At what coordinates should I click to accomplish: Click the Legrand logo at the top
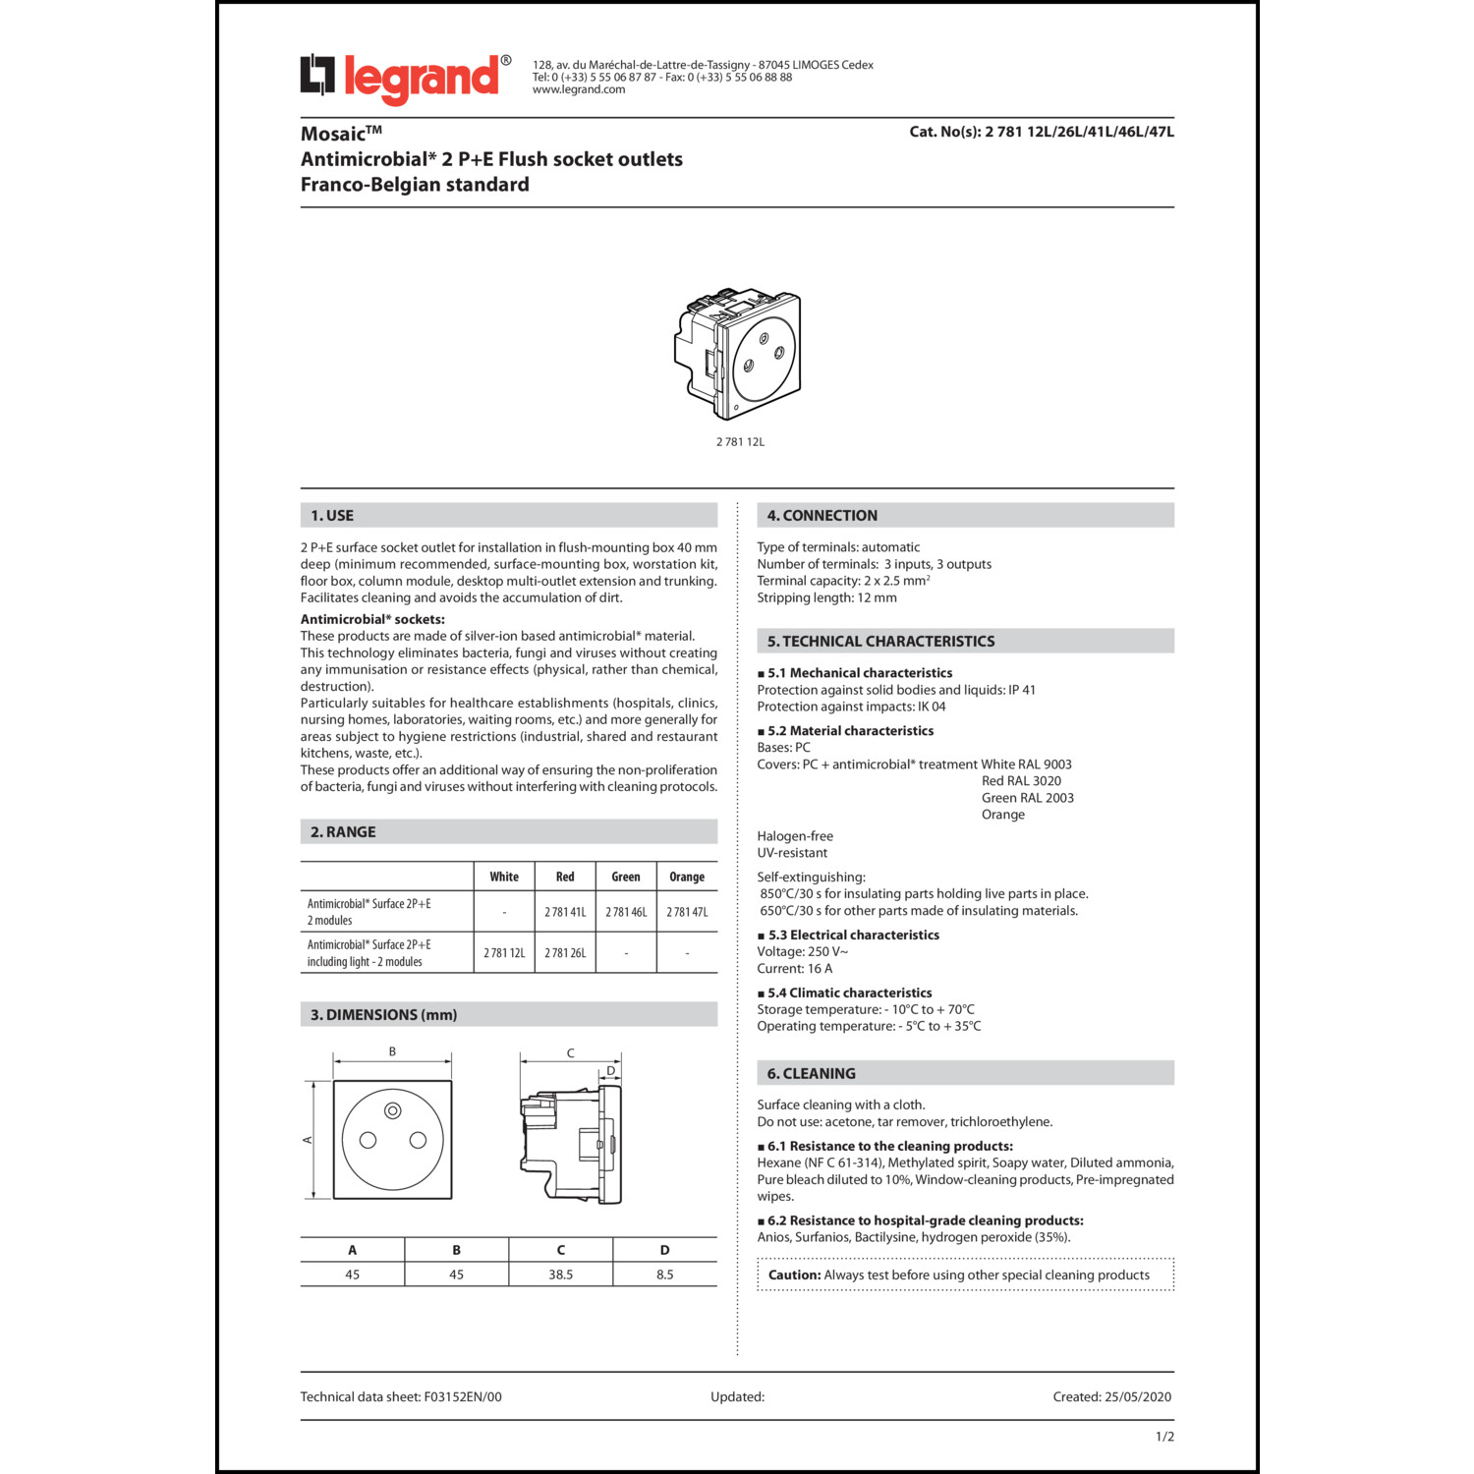point(405,78)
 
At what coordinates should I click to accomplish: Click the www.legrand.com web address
point(579,90)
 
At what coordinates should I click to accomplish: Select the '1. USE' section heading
point(332,516)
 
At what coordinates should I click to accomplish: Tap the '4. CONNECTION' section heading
point(822,516)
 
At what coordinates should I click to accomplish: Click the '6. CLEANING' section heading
point(811,1074)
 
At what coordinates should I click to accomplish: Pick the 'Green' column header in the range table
point(625,877)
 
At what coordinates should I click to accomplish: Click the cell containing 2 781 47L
point(687,912)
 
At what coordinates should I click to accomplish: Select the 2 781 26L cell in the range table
point(565,953)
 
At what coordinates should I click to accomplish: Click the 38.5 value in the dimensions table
point(560,1275)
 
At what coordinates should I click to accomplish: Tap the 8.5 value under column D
point(665,1275)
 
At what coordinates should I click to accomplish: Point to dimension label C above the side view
point(570,1053)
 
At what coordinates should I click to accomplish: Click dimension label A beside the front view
point(308,1140)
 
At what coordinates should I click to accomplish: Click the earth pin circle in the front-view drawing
point(393,1111)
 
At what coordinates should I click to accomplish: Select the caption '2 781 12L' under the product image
point(740,442)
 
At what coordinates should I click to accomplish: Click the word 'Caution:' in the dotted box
point(794,1276)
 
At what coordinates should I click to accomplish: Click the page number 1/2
point(1164,1437)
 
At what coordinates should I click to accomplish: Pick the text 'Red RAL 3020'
point(1021,781)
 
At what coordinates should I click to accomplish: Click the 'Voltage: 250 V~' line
point(802,952)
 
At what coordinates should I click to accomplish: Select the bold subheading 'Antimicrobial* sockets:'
point(372,620)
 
